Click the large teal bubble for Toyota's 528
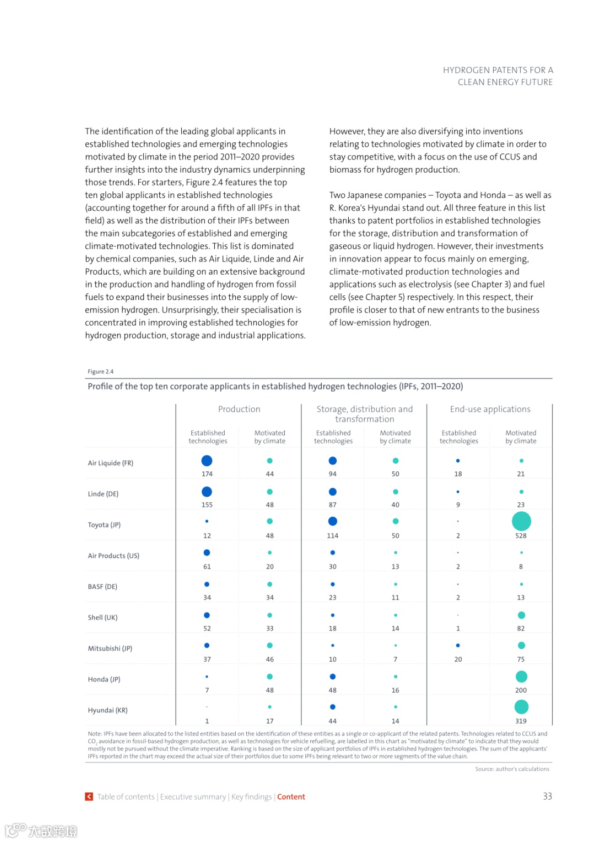click(x=521, y=521)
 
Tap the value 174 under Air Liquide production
click(x=207, y=474)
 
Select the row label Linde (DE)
click(x=103, y=494)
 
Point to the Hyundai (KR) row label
click(x=107, y=710)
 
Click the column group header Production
click(x=239, y=409)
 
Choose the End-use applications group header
click(x=490, y=409)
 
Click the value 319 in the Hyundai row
click(x=521, y=721)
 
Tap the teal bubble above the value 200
click(x=521, y=677)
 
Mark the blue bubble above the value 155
click(x=207, y=492)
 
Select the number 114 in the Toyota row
click(x=333, y=536)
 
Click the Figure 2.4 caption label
click(x=100, y=372)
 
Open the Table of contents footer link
click(x=126, y=797)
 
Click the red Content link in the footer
click(x=291, y=797)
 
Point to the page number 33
click(x=547, y=796)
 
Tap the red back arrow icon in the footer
click(x=89, y=797)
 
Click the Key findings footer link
click(x=251, y=797)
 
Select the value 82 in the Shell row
click(x=521, y=629)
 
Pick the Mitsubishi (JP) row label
click(x=110, y=648)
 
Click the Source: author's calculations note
click(x=512, y=769)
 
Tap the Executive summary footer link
click(x=193, y=797)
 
